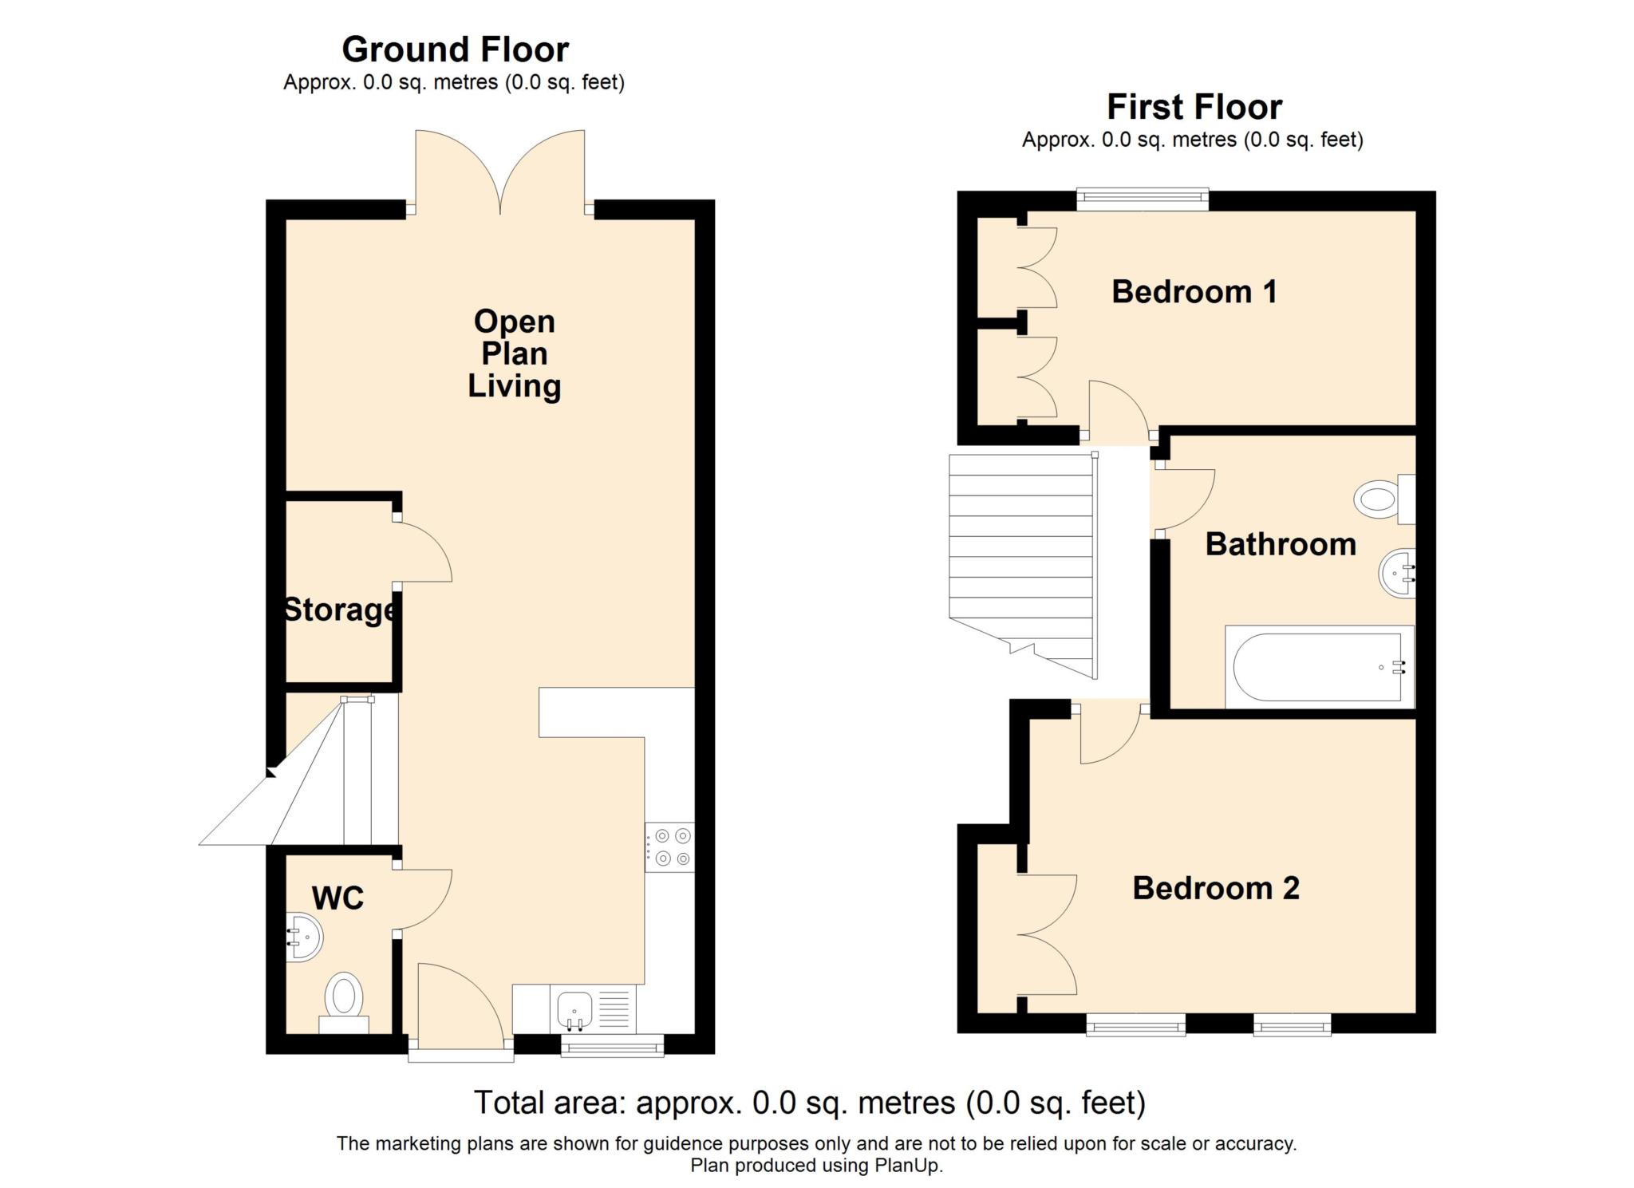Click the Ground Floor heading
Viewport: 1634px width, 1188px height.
tap(455, 49)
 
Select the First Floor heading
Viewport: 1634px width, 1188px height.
tap(1194, 107)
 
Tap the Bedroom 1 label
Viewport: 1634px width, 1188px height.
tap(1194, 292)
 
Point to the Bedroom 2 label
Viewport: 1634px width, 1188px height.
tap(1216, 888)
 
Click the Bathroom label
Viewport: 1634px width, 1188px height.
tap(1281, 544)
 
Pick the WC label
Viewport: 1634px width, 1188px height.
tap(337, 898)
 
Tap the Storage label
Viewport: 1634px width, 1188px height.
tap(340, 610)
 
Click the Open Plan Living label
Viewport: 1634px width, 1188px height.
tap(515, 353)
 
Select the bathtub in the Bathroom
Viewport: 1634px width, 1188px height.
tap(1320, 668)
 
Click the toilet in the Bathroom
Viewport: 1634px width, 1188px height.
tap(1384, 499)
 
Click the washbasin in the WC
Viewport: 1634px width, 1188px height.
tap(304, 937)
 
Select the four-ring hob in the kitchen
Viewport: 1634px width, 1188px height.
tap(669, 847)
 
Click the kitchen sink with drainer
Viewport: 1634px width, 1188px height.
tap(593, 1009)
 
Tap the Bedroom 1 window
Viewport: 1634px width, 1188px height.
tap(1143, 199)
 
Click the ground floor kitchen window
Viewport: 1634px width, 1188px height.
tap(613, 1045)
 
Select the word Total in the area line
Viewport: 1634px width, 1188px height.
tap(511, 1103)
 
